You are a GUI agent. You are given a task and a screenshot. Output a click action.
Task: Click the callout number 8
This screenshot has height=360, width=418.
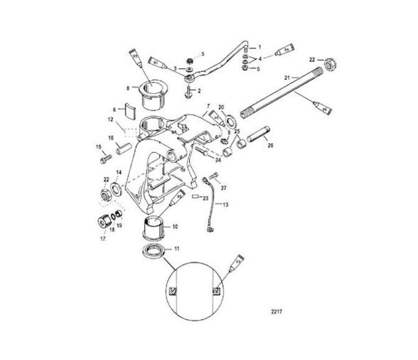pyautogui.click(x=128, y=88)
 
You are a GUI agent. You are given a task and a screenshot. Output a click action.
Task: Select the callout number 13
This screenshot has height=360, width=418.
pyautogui.click(x=226, y=203)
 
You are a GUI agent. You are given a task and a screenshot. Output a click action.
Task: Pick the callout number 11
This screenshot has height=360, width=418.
pyautogui.click(x=178, y=248)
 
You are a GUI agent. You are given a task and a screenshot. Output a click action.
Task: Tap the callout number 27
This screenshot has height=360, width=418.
pyautogui.click(x=223, y=189)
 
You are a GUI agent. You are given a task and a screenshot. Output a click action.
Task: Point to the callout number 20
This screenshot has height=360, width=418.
pyautogui.click(x=221, y=106)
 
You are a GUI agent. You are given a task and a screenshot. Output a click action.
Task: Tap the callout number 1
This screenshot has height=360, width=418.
pyautogui.click(x=259, y=46)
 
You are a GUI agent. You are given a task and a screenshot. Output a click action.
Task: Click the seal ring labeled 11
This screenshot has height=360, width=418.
pyautogui.click(x=152, y=250)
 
